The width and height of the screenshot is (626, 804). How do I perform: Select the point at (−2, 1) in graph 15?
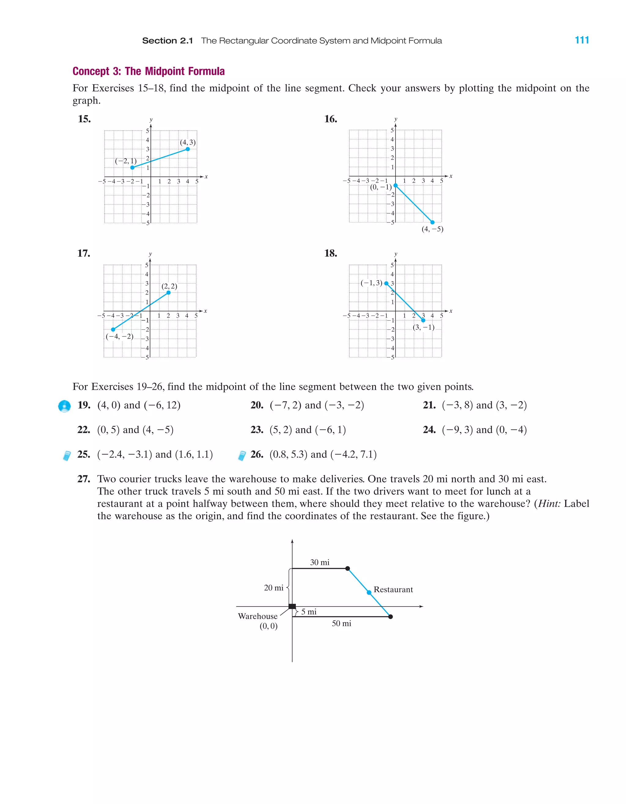132,167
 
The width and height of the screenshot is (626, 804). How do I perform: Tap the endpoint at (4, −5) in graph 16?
432,222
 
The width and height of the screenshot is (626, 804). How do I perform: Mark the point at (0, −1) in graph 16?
396,185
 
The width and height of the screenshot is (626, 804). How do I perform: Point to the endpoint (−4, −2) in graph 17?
113,329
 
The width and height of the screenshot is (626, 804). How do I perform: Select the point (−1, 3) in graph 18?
386,284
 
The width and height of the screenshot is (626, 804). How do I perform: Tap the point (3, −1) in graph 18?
423,320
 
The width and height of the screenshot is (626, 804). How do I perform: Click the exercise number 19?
84,405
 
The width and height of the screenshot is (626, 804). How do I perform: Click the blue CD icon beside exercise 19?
64,406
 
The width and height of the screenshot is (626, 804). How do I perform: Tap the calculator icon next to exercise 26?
241,456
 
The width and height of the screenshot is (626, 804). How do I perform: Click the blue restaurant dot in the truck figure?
369,592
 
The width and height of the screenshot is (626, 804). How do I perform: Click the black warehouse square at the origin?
292,606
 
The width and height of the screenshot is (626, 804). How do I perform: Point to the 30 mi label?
320,562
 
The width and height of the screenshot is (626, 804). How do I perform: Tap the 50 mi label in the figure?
341,623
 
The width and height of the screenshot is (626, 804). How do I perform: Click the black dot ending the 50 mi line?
391,617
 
